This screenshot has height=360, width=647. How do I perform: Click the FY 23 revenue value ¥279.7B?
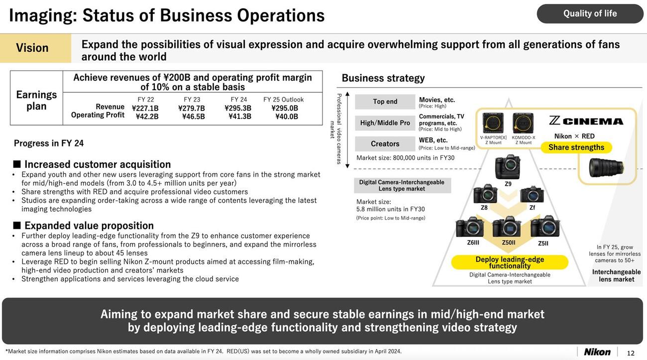pyautogui.click(x=192, y=109)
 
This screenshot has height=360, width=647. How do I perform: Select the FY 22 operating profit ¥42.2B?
pyautogui.click(x=147, y=117)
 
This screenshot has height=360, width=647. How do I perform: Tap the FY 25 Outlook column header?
pyautogui.click(x=283, y=100)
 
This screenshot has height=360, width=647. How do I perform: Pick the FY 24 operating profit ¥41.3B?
pyautogui.click(x=240, y=117)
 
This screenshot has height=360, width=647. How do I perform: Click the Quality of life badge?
pyautogui.click(x=590, y=13)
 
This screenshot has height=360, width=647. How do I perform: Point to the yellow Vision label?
pyautogui.click(x=35, y=48)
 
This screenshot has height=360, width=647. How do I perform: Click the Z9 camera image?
pyautogui.click(x=508, y=167)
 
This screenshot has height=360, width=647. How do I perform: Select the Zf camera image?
pyautogui.click(x=532, y=195)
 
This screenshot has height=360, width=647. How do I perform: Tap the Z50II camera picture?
pyautogui.click(x=507, y=227)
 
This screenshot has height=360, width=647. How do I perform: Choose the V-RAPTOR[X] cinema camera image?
pyautogui.click(x=493, y=123)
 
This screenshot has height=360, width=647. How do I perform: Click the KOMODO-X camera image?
pyautogui.click(x=523, y=123)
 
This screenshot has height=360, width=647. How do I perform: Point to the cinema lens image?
pyautogui.click(x=606, y=168)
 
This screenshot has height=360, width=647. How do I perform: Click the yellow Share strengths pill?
pyautogui.click(x=576, y=147)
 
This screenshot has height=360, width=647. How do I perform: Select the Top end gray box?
pyautogui.click(x=385, y=102)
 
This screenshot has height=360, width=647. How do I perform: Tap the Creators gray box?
pyautogui.click(x=385, y=143)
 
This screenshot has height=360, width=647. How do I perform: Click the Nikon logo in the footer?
pyautogui.click(x=597, y=352)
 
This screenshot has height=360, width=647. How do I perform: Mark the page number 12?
pyautogui.click(x=631, y=353)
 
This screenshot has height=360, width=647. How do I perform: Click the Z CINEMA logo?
pyautogui.click(x=586, y=121)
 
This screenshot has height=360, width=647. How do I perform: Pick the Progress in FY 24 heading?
pyautogui.click(x=49, y=143)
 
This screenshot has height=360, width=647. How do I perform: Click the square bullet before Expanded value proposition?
pyautogui.click(x=17, y=226)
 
